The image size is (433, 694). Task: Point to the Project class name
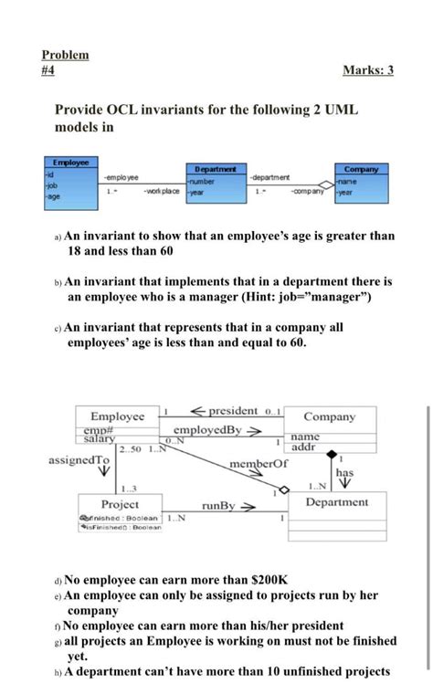[x=120, y=504]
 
